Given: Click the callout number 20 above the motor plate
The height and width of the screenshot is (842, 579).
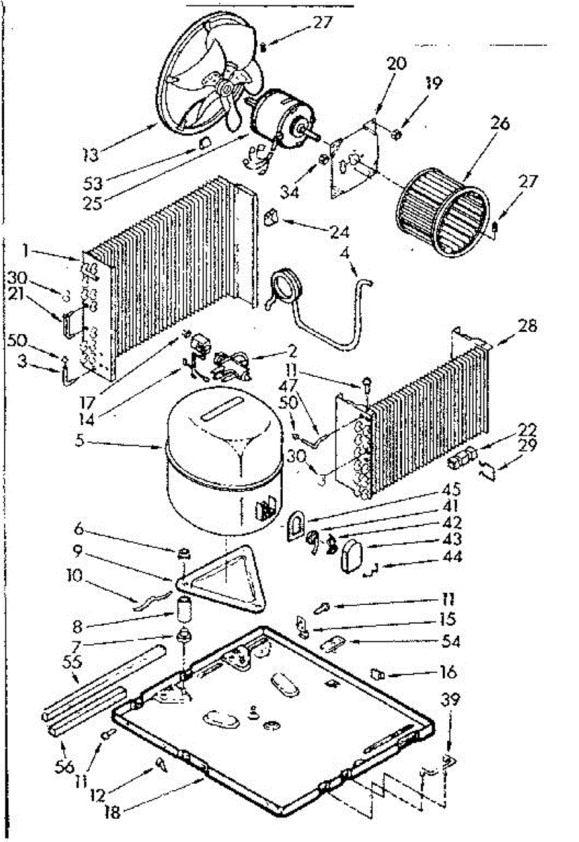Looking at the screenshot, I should [x=397, y=62].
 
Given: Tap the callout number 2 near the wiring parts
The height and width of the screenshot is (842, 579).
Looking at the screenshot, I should [x=273, y=349].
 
